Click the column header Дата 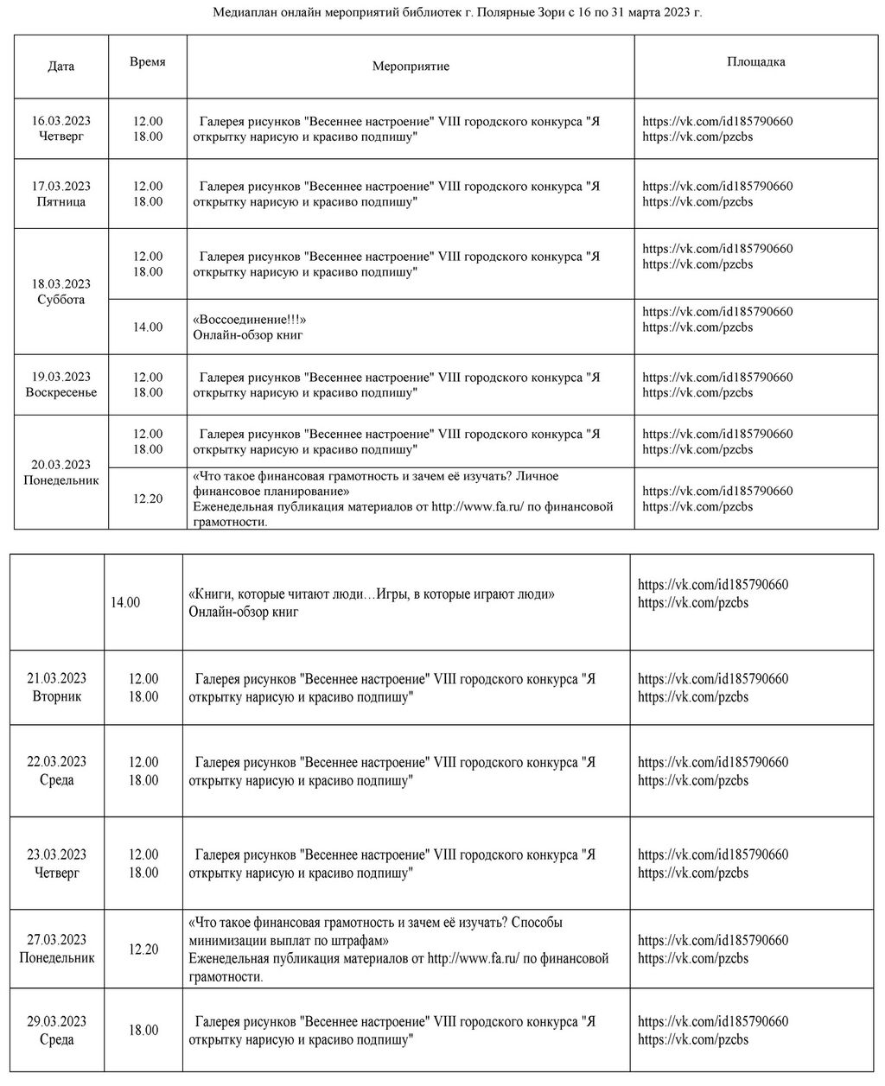60,67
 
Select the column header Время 147,62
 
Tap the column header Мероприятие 411,67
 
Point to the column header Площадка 755,62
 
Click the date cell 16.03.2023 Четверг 61,129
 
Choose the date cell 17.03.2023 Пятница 61,194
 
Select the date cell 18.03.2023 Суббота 61,292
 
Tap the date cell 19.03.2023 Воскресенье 61,384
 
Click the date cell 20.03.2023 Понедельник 61,473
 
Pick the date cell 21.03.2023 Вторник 57,688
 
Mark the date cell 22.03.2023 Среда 57,771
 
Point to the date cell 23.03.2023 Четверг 57,864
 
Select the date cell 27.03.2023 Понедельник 57,949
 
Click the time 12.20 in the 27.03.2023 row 143,949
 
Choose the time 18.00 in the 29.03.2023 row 143,1031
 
